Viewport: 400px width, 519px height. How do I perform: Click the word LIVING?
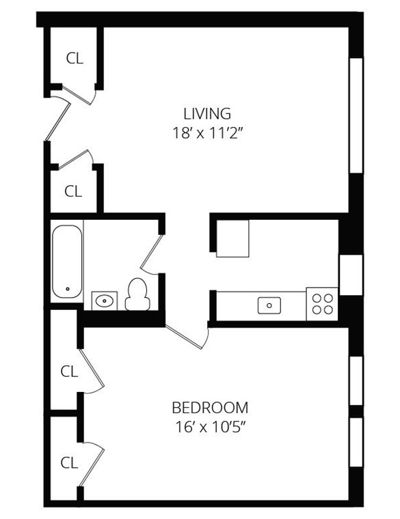pos(206,113)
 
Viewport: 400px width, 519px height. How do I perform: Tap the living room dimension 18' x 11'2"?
pos(207,132)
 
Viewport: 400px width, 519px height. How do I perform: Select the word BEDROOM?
pos(209,408)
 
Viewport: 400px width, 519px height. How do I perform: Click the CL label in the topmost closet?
pos(74,59)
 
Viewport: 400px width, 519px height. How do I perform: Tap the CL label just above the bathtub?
pos(72,192)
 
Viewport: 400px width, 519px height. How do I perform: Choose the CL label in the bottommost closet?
pos(69,463)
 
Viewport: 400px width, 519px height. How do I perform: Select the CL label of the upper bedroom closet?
pos(69,371)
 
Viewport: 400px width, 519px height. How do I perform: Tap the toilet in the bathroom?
pos(137,294)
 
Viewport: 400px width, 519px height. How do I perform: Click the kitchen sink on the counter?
pos(269,305)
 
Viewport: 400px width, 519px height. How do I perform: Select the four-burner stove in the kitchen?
pos(322,303)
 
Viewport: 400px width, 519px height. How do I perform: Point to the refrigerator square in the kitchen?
pos(232,238)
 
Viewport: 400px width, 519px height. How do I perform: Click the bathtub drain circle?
pos(68,290)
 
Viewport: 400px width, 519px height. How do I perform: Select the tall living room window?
pos(356,115)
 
